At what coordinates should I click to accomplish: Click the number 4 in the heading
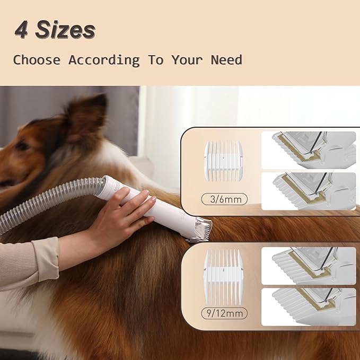coord(21,30)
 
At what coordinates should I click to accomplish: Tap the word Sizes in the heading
coord(65,30)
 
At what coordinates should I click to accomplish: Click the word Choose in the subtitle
coord(37,60)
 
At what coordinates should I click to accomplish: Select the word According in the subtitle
coord(104,60)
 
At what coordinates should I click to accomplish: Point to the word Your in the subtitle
coord(187,60)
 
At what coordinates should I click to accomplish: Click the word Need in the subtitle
coord(226,60)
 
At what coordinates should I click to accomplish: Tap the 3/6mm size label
coord(224,199)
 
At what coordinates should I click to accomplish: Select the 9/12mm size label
coord(224,313)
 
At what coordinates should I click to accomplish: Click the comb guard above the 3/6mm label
coord(223,161)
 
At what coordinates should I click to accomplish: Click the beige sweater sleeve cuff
coord(46,259)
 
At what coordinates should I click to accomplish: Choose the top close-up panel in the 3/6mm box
coord(309,150)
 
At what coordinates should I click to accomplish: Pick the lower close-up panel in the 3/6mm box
coord(309,191)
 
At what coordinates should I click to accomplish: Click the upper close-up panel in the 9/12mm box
coord(309,266)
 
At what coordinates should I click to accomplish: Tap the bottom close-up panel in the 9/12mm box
coord(309,307)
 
